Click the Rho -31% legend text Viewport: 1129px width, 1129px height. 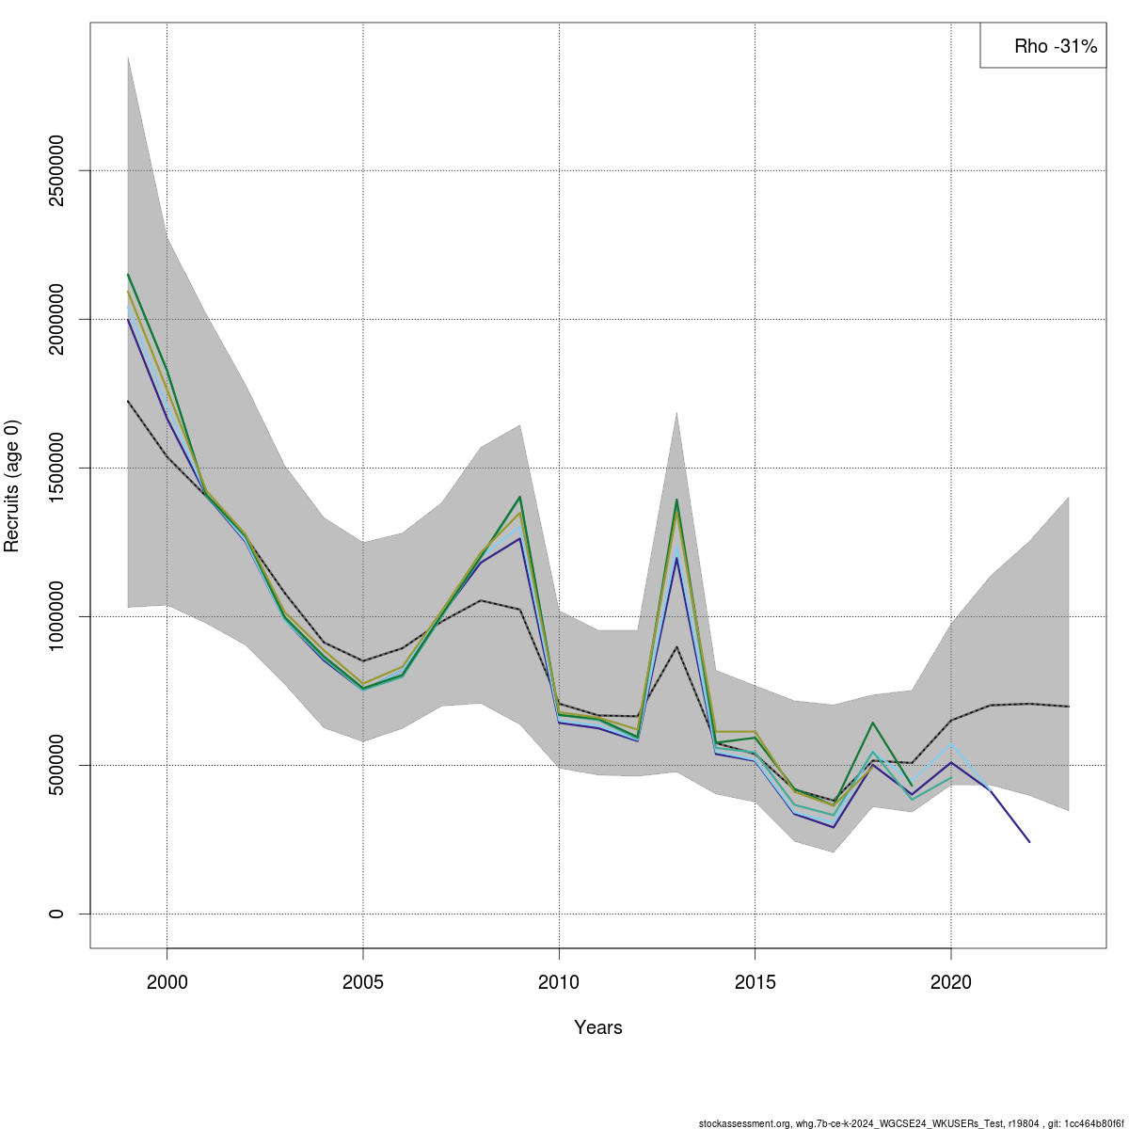click(x=1055, y=46)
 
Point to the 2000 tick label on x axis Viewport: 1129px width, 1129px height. click(x=167, y=983)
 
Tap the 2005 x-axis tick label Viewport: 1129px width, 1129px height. click(x=363, y=983)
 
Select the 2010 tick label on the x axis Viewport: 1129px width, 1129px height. click(x=559, y=983)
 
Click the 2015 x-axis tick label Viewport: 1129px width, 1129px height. click(x=755, y=983)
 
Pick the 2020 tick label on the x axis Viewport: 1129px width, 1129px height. click(x=950, y=983)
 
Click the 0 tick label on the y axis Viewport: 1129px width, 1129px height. click(x=57, y=914)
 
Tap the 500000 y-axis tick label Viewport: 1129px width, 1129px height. click(x=57, y=765)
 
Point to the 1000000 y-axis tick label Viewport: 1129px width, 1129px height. click(x=57, y=616)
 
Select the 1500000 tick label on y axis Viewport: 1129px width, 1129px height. click(x=57, y=468)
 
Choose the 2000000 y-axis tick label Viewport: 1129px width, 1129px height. click(x=57, y=319)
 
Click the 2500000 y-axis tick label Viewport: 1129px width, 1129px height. click(x=57, y=170)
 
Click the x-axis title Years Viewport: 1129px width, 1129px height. click(x=598, y=1027)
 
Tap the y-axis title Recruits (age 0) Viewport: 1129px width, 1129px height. click(x=12, y=486)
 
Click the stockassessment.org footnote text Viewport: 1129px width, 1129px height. click(x=911, y=1123)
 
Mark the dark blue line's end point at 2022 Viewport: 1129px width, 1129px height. click(x=1029, y=842)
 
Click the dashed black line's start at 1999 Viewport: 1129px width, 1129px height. click(x=128, y=401)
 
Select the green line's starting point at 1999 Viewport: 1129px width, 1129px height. click(x=128, y=274)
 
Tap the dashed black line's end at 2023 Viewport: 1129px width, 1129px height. click(x=1069, y=707)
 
